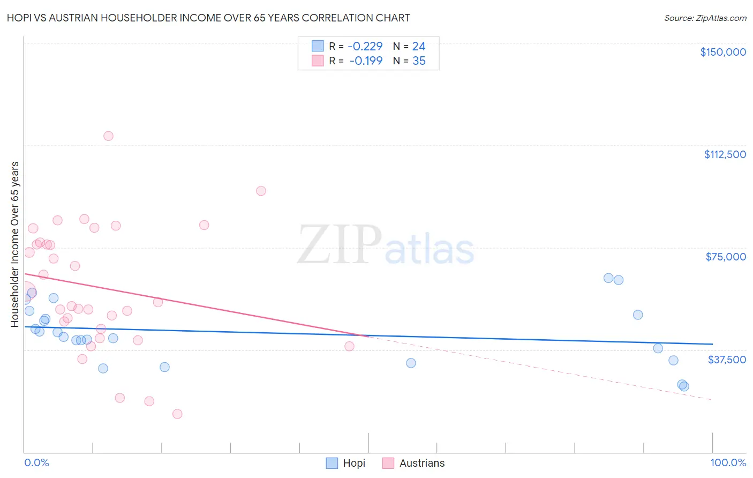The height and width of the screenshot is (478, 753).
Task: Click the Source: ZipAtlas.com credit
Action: click(705, 18)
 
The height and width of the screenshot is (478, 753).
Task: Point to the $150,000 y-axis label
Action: click(722, 52)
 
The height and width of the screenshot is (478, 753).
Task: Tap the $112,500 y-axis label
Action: click(725, 154)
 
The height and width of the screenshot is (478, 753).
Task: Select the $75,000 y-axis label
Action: click(726, 257)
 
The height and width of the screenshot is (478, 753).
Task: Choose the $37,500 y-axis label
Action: click(727, 360)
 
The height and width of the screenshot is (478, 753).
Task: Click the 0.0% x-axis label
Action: click(36, 462)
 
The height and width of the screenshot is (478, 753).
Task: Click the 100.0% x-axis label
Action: click(728, 462)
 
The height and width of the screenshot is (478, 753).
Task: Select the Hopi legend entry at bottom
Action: click(346, 463)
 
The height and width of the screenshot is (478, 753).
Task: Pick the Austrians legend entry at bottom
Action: click(413, 463)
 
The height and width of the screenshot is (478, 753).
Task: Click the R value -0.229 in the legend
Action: click(365, 47)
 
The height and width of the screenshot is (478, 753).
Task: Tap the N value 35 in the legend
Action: click(419, 61)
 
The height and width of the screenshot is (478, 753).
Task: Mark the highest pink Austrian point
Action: click(108, 136)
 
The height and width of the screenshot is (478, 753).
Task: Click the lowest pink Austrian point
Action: click(177, 414)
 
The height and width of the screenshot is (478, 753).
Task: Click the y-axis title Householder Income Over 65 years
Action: click(15, 244)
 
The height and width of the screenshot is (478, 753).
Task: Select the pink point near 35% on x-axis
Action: click(261, 191)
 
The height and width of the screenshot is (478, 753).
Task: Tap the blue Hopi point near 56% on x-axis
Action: click(411, 363)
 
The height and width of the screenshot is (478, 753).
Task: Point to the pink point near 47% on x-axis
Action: click(349, 346)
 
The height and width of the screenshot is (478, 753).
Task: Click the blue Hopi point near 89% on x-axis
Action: click(637, 315)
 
